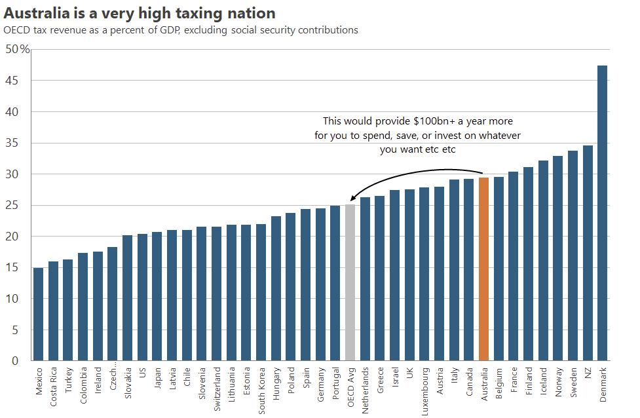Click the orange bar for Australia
[x=484, y=269]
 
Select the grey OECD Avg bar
[x=350, y=282]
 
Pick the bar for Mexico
[x=39, y=314]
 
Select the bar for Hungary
[x=276, y=288]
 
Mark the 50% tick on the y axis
[x=18, y=50]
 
